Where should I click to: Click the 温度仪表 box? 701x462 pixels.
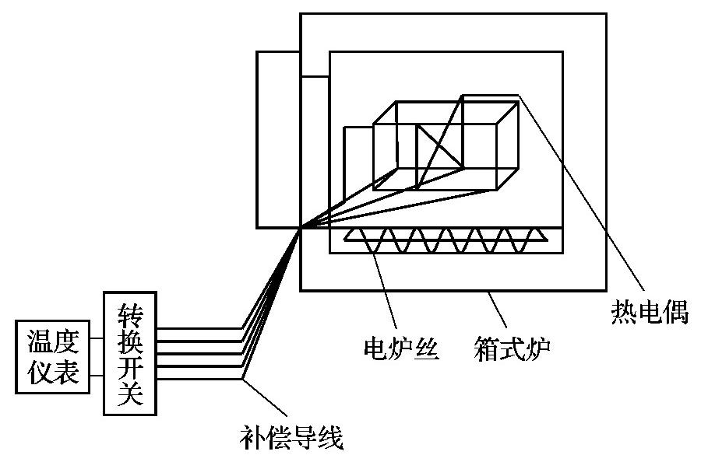click(x=52, y=357)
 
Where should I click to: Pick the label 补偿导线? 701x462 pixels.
click(x=292, y=438)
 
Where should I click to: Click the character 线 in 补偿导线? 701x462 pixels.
click(x=330, y=438)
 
